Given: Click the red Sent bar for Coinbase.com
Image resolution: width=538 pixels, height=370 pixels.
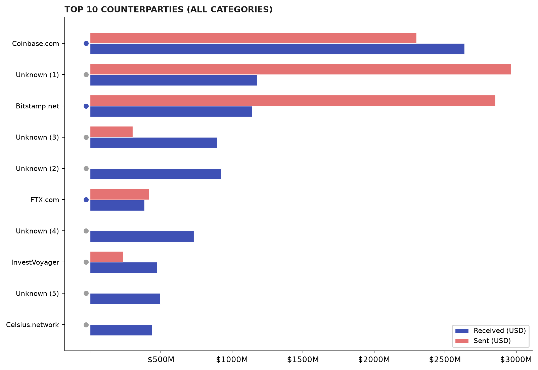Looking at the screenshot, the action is (253, 38).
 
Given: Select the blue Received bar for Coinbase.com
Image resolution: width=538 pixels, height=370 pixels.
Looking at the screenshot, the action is (277, 49).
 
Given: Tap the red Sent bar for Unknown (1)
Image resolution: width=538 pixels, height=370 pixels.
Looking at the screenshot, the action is (301, 69).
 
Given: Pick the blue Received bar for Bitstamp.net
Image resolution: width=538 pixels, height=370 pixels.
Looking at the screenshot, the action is (171, 112).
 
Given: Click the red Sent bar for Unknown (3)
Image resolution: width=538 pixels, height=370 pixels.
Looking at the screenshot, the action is (111, 132).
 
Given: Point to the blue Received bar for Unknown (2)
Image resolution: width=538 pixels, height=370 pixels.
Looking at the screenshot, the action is (155, 174).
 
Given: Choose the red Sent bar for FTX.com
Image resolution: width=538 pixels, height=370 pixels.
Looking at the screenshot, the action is (120, 194).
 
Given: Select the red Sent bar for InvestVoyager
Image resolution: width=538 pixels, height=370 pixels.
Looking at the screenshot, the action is (107, 257).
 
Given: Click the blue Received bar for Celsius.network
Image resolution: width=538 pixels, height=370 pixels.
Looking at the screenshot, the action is (121, 330).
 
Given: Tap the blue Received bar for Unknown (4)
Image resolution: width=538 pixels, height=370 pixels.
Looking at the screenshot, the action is (142, 236).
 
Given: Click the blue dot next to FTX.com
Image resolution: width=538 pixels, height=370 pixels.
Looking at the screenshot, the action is (86, 200).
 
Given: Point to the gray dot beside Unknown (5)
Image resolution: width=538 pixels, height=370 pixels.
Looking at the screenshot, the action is (86, 293).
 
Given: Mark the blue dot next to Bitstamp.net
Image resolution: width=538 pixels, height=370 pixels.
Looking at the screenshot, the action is (86, 106).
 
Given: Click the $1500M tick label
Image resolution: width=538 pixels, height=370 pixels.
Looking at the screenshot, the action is (303, 360).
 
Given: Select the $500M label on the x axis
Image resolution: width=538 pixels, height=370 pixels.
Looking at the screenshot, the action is (161, 360).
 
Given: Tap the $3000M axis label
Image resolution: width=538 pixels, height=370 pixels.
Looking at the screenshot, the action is (516, 360).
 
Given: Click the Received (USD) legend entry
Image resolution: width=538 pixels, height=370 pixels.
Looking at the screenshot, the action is (490, 331).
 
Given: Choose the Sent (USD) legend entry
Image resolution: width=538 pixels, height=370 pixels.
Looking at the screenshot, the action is (483, 341).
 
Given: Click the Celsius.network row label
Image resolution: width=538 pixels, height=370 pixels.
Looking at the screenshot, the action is (33, 325).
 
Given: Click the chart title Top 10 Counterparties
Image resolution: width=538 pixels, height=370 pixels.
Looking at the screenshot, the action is (168, 9).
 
